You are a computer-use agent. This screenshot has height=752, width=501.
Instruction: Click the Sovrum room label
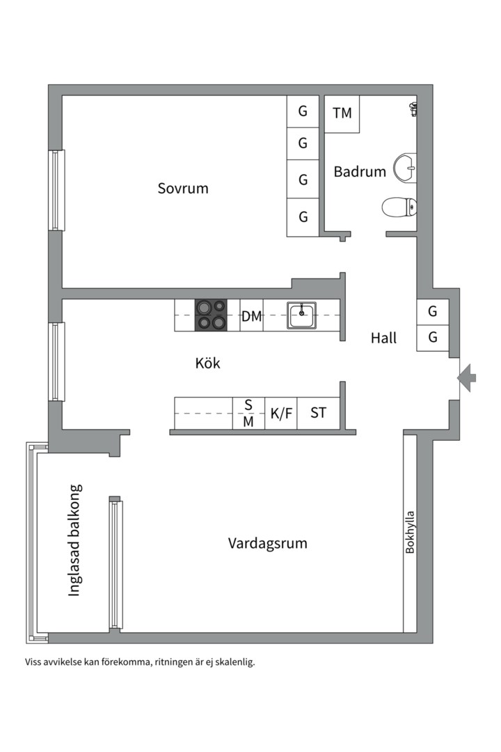pos(183,188)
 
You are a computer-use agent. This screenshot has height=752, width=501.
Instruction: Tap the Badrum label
pos(360,171)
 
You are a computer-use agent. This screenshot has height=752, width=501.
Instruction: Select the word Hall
pos(383,338)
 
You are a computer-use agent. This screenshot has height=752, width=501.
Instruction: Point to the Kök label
pos(207,363)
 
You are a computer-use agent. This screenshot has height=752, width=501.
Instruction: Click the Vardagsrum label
pos(267,543)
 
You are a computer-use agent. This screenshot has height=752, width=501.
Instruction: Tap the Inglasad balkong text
pos(74,540)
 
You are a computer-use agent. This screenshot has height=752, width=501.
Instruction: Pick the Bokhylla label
pos(409,532)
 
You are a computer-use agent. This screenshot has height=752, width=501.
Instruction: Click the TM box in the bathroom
pos(342,113)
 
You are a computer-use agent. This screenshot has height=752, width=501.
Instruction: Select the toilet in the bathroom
pos(399,208)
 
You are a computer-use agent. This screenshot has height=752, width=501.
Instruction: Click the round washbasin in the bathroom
pos(405,168)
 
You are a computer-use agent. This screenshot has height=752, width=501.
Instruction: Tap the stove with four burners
pos(211,315)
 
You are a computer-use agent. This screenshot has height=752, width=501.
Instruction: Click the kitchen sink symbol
pos(301,315)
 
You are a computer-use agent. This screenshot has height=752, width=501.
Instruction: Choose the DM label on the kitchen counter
pos(251,317)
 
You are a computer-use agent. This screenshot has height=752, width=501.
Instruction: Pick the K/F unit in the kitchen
pos(281,413)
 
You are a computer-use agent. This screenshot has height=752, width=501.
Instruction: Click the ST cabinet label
pos(318,413)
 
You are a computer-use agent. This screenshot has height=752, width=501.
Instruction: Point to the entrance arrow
pos(466,378)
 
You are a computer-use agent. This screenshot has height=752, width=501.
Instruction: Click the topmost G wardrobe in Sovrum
pos(303,111)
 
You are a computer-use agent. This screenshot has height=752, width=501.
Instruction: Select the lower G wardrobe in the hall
pos(432,338)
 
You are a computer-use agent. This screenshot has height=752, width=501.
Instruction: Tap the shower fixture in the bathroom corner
pos(413,109)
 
